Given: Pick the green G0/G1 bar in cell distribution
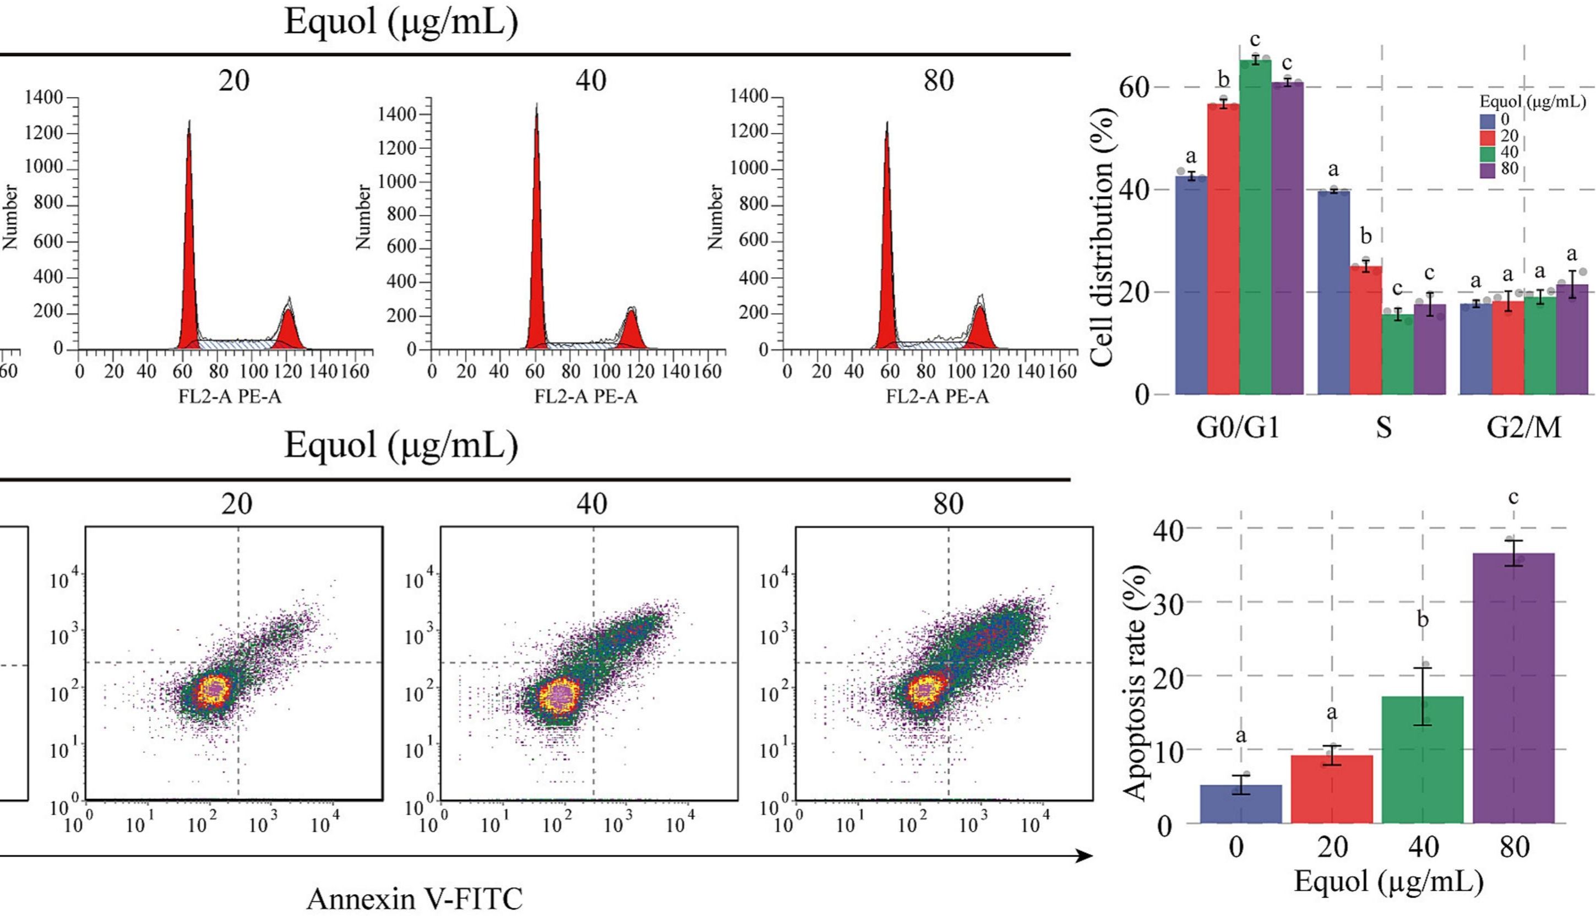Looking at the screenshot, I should click(x=1255, y=226).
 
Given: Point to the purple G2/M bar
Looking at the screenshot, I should click(x=1571, y=340).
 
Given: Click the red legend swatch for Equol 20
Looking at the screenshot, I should click(x=1487, y=137).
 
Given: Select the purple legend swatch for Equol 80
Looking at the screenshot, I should click(x=1487, y=169).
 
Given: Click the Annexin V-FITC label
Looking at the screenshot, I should click(x=415, y=898).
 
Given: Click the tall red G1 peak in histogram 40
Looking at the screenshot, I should click(x=537, y=252).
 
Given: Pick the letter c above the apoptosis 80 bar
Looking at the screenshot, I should click(x=1513, y=498).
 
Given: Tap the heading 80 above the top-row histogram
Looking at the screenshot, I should click(x=939, y=80).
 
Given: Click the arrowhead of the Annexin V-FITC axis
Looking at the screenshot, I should click(x=1083, y=855).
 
